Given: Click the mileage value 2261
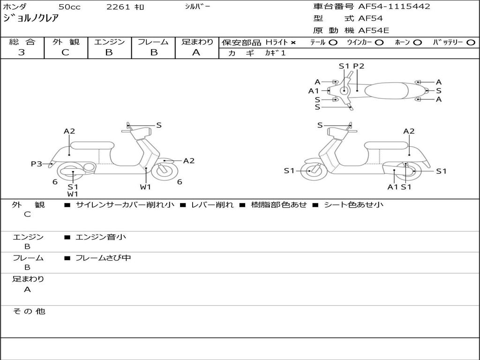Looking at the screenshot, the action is coord(119,7).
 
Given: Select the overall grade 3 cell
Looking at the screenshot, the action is coord(22,52).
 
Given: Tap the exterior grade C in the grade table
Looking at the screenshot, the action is coord(66,52).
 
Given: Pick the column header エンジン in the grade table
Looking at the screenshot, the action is coord(109,42).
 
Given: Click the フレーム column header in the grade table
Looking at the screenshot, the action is coord(153,42).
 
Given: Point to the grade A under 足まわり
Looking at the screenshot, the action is coord(196,52).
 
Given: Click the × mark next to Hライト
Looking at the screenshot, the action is coord(293,43).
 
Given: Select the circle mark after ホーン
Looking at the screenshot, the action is coord(418,43).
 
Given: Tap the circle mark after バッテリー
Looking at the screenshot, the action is coord(471,43).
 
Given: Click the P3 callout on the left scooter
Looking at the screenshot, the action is coord(37,164).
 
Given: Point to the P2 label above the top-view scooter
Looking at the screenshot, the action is coord(359,66).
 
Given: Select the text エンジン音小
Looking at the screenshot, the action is coord(101,237).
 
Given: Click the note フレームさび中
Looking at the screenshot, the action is coord(103,258).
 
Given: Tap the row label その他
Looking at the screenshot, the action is coord(29,311).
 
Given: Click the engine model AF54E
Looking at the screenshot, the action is coord(374,31).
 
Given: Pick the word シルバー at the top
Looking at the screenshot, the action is coord(197,7).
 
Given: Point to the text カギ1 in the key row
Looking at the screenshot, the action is coord(275,53).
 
